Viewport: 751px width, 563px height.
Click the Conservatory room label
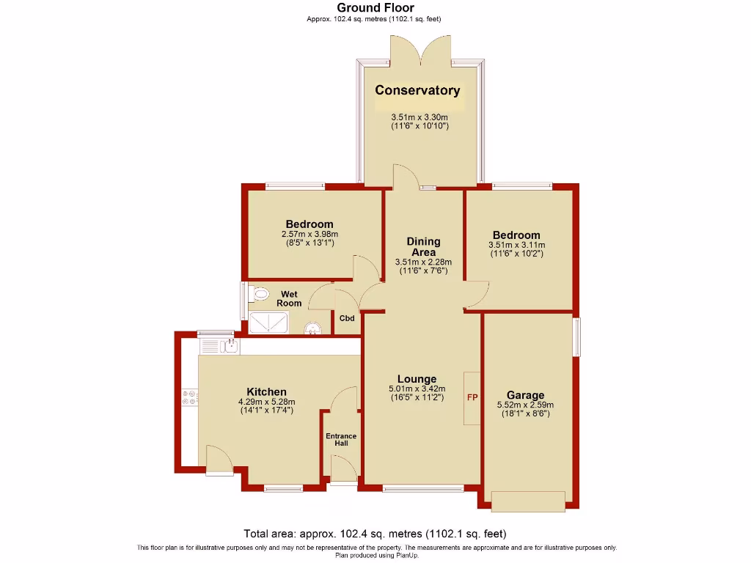(x=417, y=91)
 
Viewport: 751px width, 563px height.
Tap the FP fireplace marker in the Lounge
(x=472, y=397)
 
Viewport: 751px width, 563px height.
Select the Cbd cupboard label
(x=347, y=318)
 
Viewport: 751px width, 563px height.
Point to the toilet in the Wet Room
(x=258, y=295)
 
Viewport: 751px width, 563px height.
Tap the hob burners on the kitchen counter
(x=188, y=397)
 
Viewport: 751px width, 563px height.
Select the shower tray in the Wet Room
(x=268, y=323)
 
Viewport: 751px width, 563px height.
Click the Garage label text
(x=526, y=395)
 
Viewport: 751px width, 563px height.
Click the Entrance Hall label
(x=341, y=440)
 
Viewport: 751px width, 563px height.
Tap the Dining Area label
(x=423, y=246)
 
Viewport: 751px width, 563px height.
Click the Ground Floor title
(x=375, y=8)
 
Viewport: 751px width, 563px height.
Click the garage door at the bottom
(x=528, y=501)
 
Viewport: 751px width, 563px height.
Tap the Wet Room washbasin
(x=312, y=329)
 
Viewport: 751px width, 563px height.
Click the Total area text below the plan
(x=375, y=534)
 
